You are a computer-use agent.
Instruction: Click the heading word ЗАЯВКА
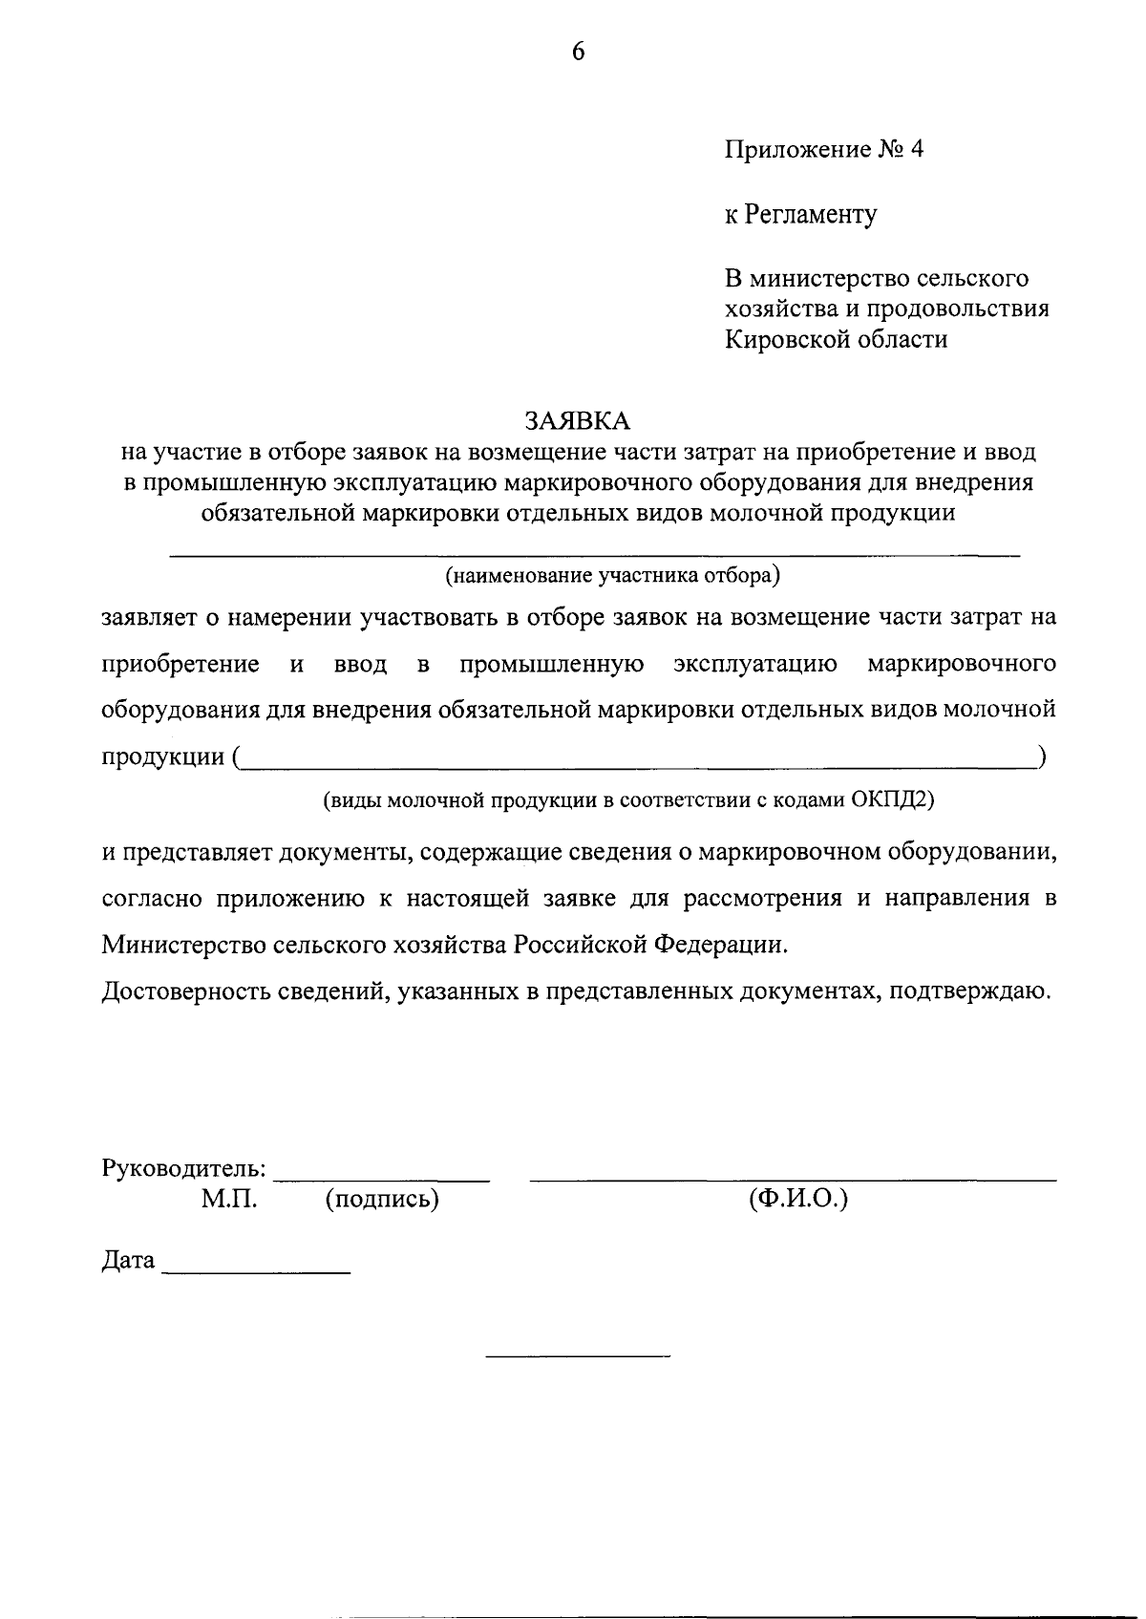[577, 421]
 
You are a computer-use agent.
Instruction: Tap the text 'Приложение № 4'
[823, 150]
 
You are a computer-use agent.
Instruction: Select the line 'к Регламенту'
[799, 214]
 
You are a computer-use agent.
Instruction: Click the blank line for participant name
[594, 554]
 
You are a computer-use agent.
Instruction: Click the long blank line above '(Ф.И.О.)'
[793, 1181]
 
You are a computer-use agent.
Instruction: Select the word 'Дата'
[128, 1261]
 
